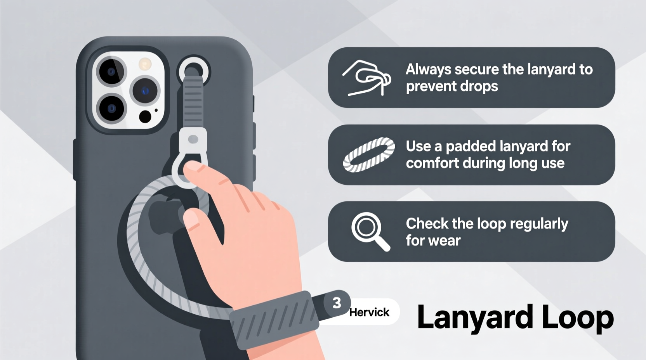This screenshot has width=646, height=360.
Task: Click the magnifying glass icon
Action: pyautogui.click(x=369, y=230)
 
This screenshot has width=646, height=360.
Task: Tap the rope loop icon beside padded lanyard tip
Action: pyautogui.click(x=368, y=154)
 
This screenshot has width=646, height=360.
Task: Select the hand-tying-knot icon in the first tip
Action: pyautogui.click(x=366, y=78)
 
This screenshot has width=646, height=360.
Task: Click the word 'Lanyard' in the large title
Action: pyautogui.click(x=475, y=318)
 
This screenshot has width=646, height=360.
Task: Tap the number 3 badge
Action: pyautogui.click(x=337, y=303)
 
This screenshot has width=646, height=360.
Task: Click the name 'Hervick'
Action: pyautogui.click(x=369, y=312)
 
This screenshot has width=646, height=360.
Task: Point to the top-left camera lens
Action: pyautogui.click(x=111, y=72)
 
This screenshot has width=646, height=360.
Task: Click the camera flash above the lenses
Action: pyautogui.click(x=145, y=64)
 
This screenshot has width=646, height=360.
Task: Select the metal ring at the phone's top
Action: pyautogui.click(x=193, y=71)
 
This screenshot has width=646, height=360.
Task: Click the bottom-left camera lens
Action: pyautogui.click(x=111, y=108)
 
